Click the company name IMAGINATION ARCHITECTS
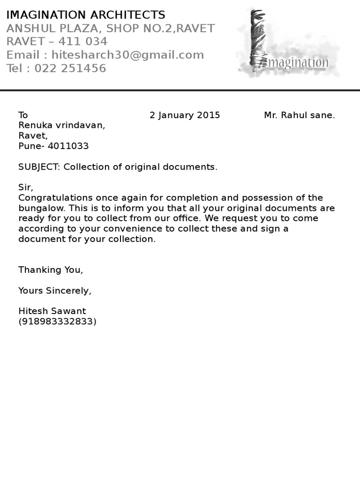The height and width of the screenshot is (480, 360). pos(86,15)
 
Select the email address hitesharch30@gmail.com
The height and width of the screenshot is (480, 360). pos(127,55)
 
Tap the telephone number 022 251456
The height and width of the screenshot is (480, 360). pos(70,68)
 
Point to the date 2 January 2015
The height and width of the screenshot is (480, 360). pos(185,115)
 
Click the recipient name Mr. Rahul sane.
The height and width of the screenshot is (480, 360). pos(300,115)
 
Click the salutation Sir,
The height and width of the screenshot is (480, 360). pos(25,187)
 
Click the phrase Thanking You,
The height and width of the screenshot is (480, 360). pos(51,270)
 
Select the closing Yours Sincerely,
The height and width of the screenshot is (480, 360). pos(55,291)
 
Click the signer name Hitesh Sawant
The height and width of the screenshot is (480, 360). pos(52,311)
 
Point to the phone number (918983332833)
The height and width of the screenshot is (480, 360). pos(57,322)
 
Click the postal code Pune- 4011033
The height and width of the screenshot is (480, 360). pos(53,146)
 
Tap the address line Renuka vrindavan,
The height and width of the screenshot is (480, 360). pos(62,126)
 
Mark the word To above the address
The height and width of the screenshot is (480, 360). pos(23,115)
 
